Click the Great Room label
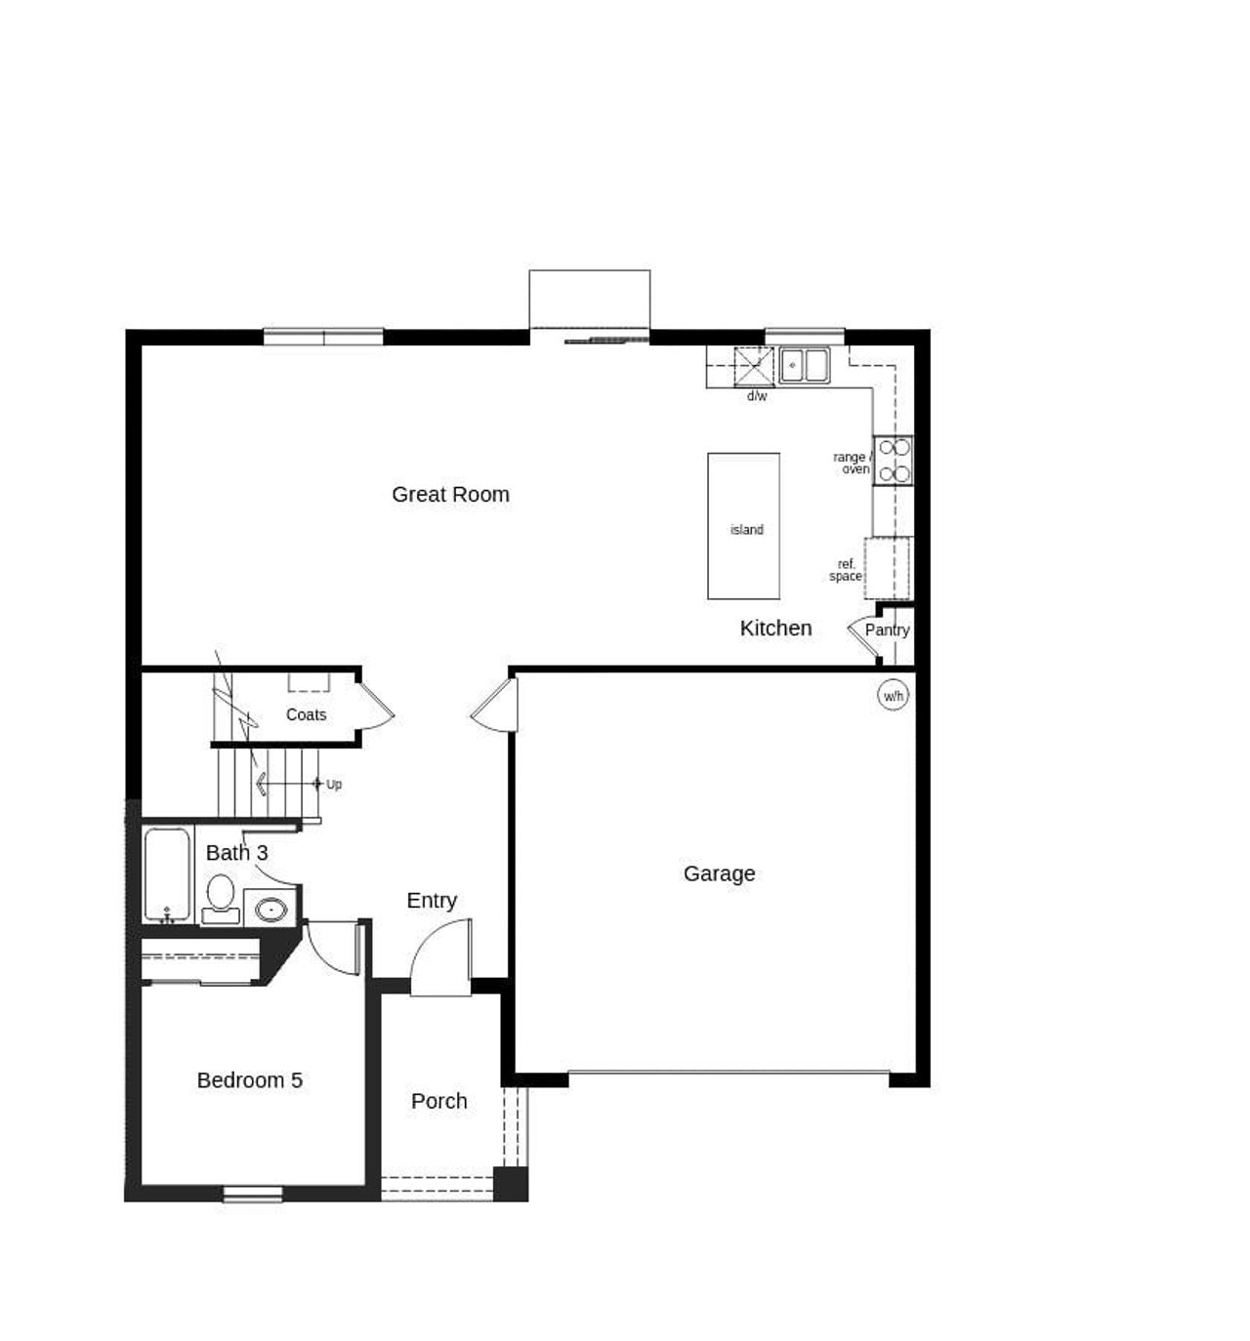coord(450,495)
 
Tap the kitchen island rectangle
coord(743,526)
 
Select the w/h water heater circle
coord(893,696)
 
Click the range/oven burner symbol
coord(894,461)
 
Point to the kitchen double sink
coord(804,365)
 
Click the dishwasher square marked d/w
coord(753,367)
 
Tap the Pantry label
coord(887,630)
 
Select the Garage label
coord(719,874)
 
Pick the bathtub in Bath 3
coord(167,874)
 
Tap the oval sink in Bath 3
coord(271,911)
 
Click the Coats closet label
coord(306,714)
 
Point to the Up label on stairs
coord(334,784)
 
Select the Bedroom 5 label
coord(249,1080)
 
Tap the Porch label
coord(438,1101)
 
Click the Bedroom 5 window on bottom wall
coord(253,1194)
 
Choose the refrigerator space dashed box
coord(888,568)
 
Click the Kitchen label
coord(775,629)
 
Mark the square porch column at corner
coord(510,1183)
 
